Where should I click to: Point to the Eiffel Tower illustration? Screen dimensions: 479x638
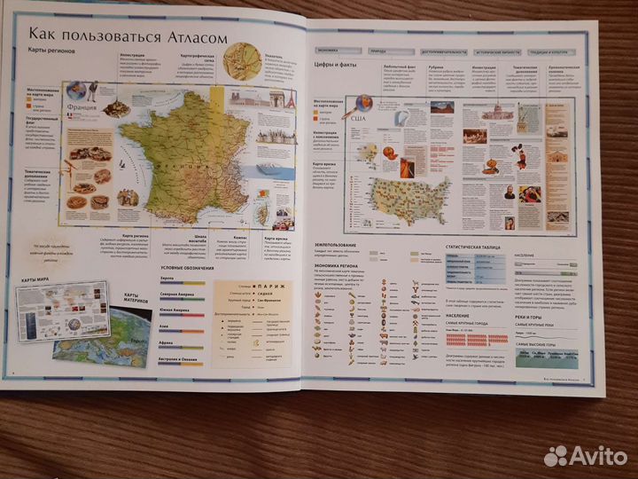tap(290, 99)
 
